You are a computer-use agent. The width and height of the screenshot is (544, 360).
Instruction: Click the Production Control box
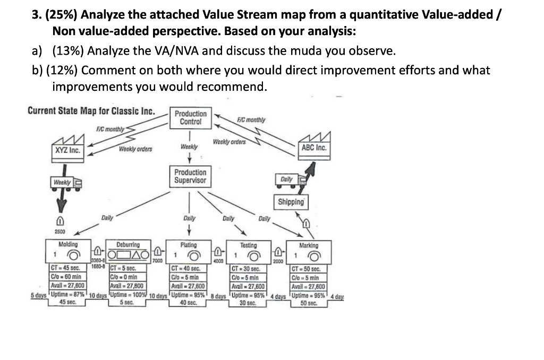191,118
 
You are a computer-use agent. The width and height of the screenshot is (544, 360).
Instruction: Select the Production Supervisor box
190,176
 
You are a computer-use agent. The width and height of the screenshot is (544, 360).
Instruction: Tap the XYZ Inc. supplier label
68,150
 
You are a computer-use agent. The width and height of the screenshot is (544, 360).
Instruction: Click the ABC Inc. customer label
314,148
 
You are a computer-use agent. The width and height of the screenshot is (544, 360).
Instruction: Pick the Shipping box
291,202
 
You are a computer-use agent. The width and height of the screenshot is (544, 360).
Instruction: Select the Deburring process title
128,245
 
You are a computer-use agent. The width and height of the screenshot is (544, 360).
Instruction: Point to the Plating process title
189,245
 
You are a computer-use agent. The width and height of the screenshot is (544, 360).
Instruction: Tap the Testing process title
248,245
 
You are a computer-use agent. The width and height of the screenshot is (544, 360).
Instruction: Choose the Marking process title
309,245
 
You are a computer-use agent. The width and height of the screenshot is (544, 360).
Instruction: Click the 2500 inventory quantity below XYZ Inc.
60,232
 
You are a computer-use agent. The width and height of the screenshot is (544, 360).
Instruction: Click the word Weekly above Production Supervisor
189,147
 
